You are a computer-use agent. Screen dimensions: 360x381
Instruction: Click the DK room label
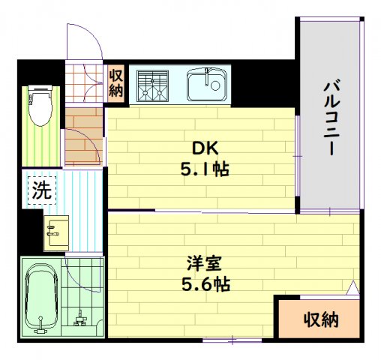[x=202, y=147]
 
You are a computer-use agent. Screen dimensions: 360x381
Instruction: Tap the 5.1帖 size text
[x=203, y=169]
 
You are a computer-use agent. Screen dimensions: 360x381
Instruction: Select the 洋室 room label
[x=203, y=264]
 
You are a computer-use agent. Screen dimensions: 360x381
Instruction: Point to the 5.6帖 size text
[x=203, y=285]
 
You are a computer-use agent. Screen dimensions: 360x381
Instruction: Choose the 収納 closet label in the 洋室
[x=320, y=320]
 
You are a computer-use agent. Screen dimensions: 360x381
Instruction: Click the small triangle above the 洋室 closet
[x=352, y=288]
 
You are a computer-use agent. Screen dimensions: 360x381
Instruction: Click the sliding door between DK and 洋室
[x=202, y=211]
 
